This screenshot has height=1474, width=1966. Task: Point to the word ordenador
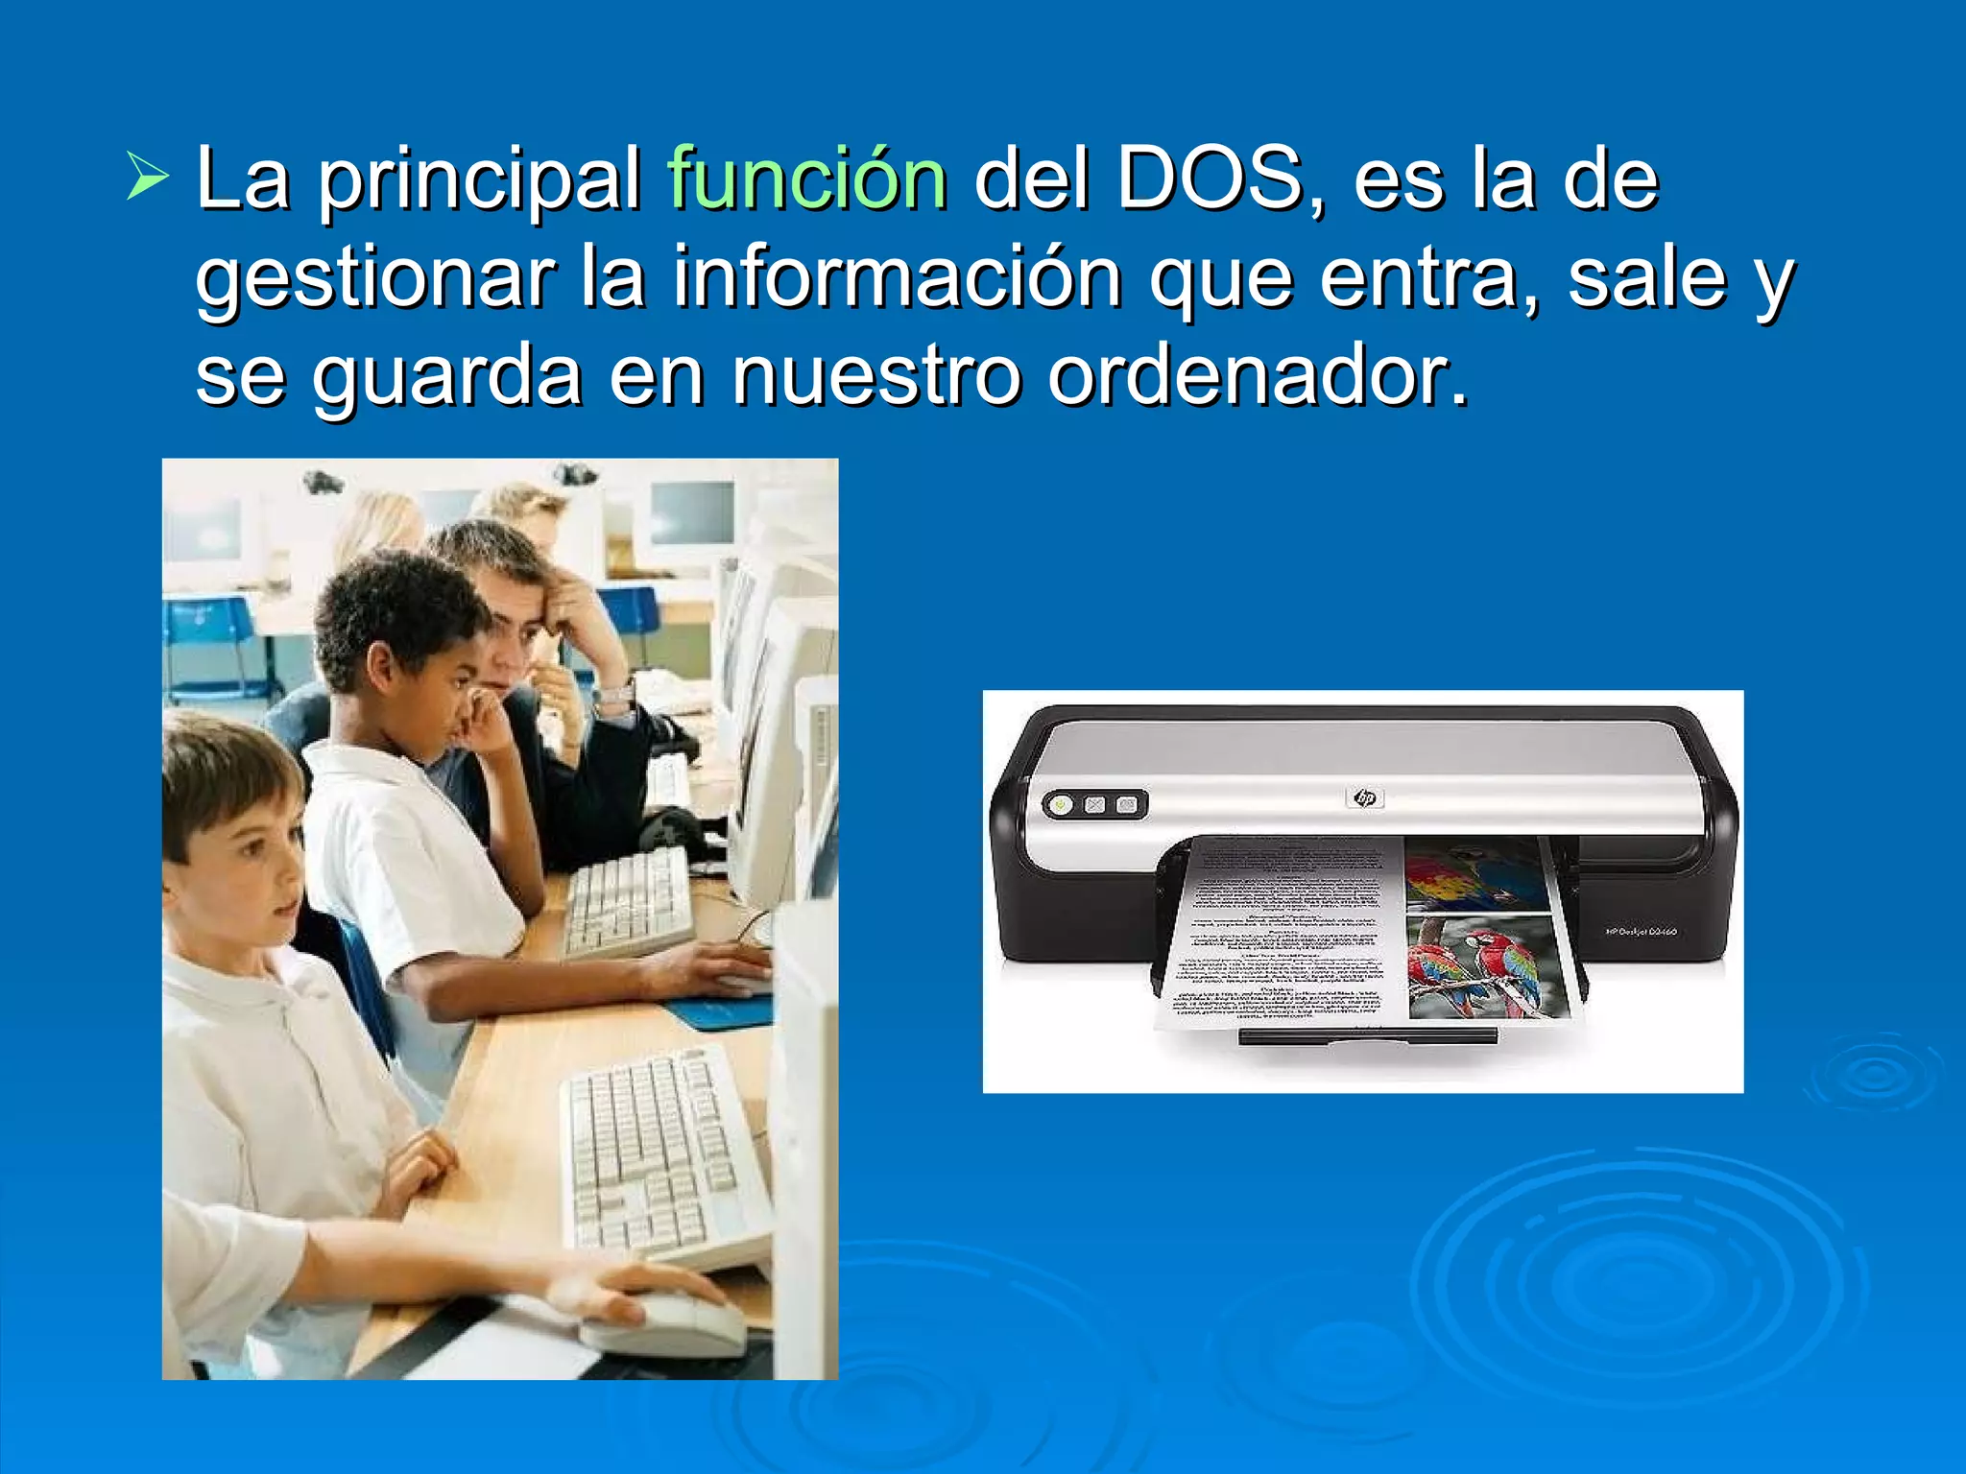[1258, 375]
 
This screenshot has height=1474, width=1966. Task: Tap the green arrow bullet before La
[148, 178]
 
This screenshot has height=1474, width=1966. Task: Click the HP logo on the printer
[1364, 797]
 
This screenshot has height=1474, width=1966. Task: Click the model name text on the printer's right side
[1641, 931]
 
